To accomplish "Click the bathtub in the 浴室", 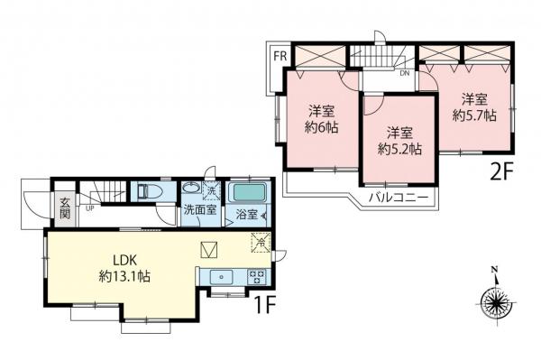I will pos(245,192).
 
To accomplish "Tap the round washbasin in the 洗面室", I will pos(191,191).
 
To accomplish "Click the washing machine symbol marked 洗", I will pos(210,190).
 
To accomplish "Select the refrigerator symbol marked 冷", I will pos(259,242).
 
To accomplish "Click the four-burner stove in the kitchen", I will pos(255,277).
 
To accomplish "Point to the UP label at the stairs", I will pos(91,208).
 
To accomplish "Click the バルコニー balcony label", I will pos(398,196).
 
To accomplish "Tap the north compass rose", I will pos(494,301).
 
